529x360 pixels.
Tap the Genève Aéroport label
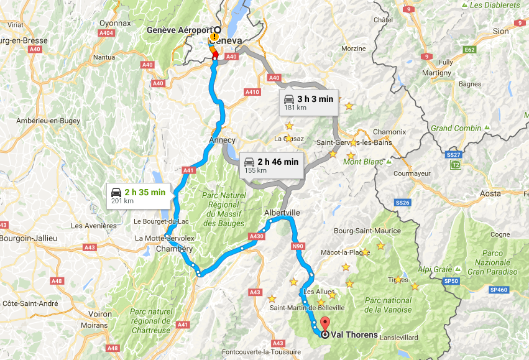coord(179,30)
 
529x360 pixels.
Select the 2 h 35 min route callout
coord(137,195)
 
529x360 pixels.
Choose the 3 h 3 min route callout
coord(308,103)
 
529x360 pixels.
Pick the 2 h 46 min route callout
coord(270,165)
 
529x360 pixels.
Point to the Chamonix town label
coord(389,132)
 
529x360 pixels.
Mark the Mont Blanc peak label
coord(361,162)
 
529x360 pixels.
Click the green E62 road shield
coord(470,50)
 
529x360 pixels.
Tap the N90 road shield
coord(298,246)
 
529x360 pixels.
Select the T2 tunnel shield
coord(456,165)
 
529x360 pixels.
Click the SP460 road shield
coord(499,290)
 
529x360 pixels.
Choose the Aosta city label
coord(490,193)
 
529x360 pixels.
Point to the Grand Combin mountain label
coord(456,128)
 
